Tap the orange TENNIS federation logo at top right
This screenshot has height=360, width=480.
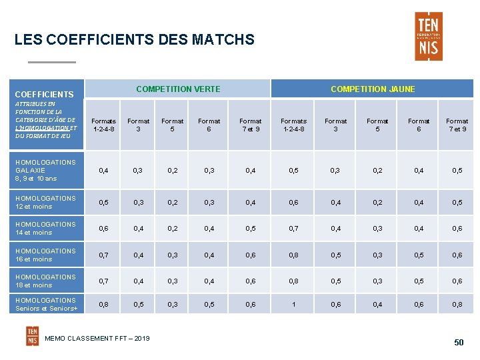click(428, 36)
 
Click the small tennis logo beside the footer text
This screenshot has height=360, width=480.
click(33, 336)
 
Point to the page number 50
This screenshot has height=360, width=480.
click(459, 343)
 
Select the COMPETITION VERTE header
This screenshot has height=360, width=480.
click(178, 89)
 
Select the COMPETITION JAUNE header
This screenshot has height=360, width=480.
click(373, 89)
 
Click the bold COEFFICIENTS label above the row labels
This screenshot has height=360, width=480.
click(44, 95)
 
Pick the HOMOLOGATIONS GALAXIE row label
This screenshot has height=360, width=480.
click(45, 170)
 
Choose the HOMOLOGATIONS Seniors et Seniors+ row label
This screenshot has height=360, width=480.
click(46, 304)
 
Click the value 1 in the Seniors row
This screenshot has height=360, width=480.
click(293, 304)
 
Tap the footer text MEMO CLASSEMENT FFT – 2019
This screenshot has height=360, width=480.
click(97, 339)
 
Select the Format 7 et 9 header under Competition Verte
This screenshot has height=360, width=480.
click(251, 125)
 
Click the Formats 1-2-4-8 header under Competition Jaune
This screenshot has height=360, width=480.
click(293, 125)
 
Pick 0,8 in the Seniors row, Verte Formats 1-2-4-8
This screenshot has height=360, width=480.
click(103, 304)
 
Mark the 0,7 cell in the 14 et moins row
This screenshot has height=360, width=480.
click(293, 228)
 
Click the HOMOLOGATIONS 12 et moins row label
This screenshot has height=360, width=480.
click(45, 202)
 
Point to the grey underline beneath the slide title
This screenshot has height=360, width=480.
click(51, 62)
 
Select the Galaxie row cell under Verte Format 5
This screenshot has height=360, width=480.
click(173, 171)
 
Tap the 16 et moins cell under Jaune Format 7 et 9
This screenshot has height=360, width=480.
click(457, 255)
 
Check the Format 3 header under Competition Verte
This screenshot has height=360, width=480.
click(139, 125)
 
